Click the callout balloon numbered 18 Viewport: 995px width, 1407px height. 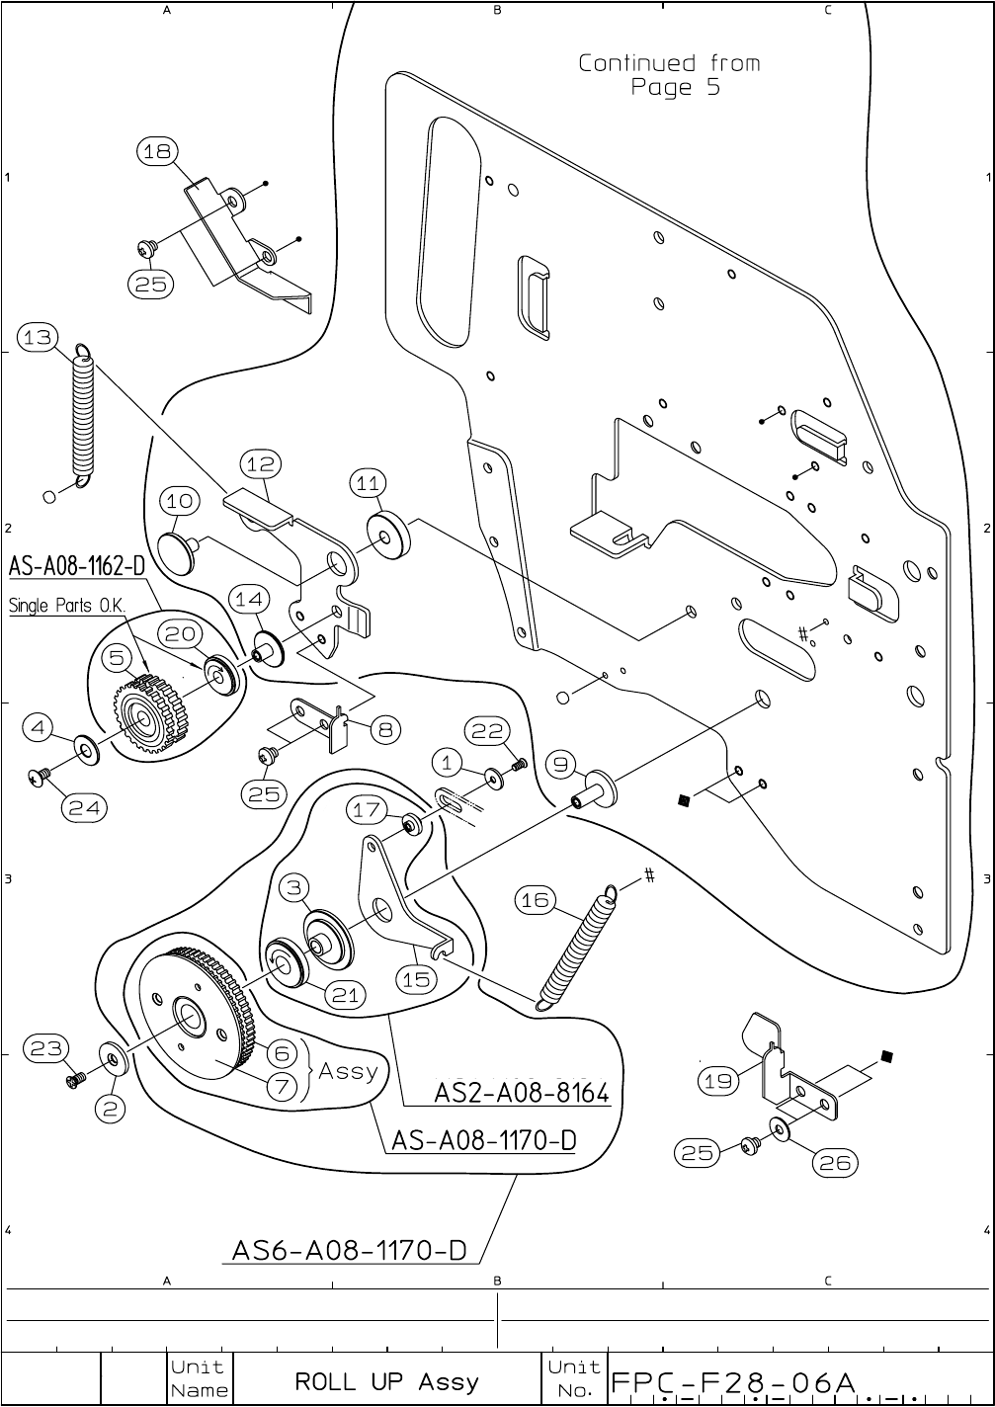157,151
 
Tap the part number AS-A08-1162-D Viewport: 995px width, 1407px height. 77,567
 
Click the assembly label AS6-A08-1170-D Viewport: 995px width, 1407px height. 349,1250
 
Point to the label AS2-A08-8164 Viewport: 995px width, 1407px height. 522,1094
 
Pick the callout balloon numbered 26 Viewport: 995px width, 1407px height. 835,1163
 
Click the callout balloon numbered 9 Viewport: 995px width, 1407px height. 560,764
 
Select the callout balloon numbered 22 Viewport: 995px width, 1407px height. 488,731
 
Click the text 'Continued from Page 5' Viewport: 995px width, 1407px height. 670,75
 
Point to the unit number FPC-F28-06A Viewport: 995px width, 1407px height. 733,1381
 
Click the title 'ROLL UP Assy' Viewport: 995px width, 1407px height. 386,1381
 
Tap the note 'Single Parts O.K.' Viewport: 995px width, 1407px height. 64,606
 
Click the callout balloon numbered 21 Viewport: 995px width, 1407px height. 345,995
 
